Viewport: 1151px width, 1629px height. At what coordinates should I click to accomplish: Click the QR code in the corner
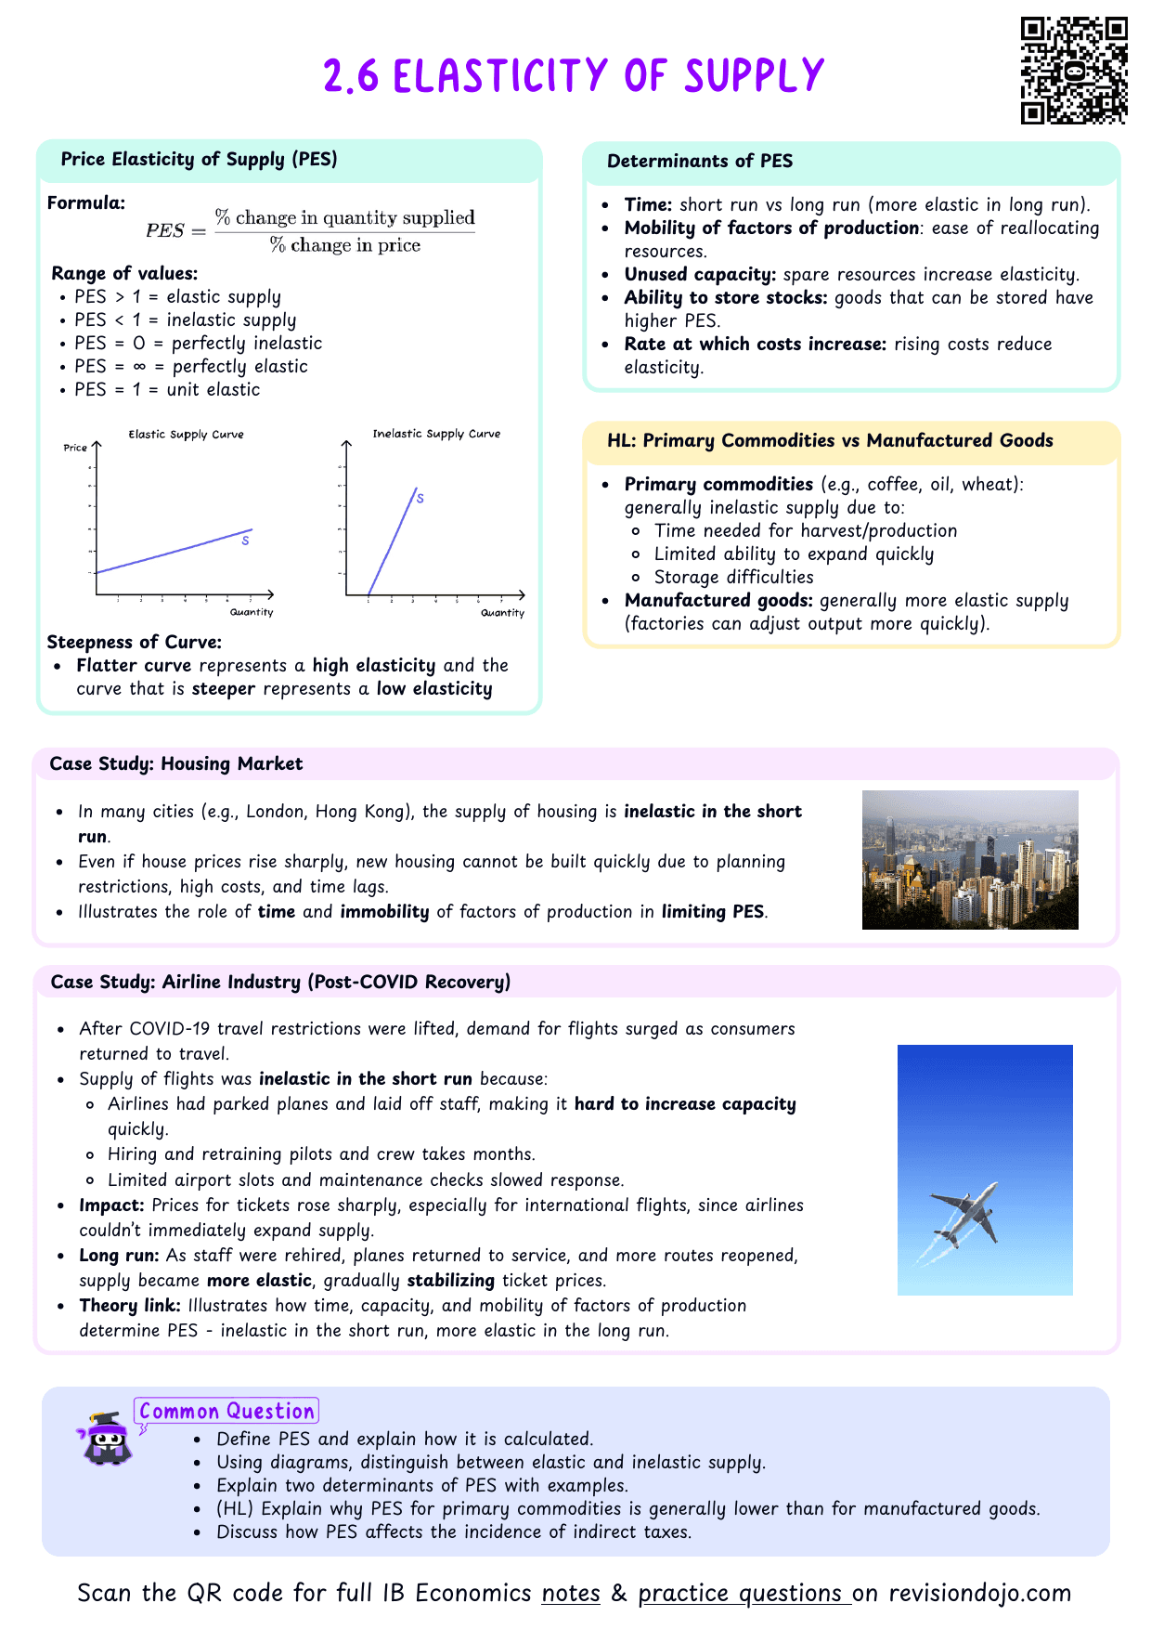click(1074, 71)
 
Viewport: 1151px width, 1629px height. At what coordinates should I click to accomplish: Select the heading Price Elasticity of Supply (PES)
click(199, 160)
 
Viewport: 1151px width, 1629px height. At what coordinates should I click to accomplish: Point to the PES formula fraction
click(344, 231)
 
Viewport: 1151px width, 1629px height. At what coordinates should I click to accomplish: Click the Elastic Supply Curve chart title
click(186, 435)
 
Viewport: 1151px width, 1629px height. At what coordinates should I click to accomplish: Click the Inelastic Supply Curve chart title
click(436, 434)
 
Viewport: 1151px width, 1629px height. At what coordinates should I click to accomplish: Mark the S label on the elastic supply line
click(245, 541)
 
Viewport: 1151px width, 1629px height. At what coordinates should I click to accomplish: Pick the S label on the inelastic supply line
click(420, 499)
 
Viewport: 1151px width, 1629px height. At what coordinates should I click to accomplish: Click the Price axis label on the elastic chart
click(75, 448)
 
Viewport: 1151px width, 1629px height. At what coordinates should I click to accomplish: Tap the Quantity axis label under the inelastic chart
click(502, 613)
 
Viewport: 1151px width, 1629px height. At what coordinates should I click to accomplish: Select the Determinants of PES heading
click(700, 162)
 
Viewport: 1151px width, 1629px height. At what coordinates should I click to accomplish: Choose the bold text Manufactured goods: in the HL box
click(718, 601)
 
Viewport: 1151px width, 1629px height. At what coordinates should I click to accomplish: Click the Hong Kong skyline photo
click(970, 859)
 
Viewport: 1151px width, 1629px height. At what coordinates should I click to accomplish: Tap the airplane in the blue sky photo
click(965, 1215)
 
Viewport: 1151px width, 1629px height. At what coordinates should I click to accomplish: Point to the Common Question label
click(226, 1412)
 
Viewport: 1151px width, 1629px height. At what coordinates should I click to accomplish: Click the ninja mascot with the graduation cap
click(105, 1440)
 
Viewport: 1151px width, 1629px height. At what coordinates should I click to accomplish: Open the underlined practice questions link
click(744, 1594)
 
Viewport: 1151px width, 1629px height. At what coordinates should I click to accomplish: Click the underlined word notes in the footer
click(571, 1594)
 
